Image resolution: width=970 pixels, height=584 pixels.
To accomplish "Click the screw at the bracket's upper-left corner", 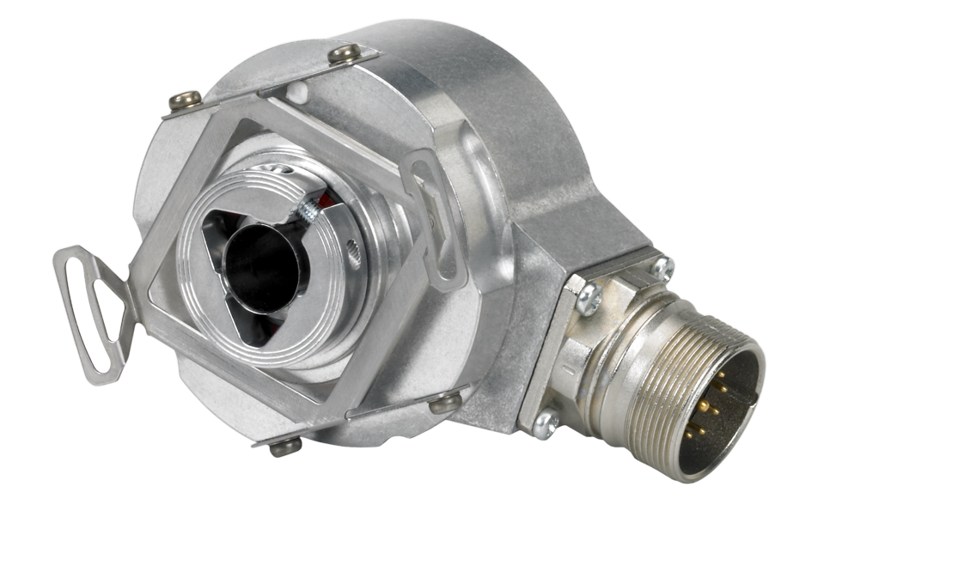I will (183, 100).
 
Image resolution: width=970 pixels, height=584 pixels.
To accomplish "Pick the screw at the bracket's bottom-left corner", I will (286, 445).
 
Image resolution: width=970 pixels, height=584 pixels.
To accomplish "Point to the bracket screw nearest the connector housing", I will (444, 400).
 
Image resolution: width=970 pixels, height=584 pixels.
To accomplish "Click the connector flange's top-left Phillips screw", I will (589, 298).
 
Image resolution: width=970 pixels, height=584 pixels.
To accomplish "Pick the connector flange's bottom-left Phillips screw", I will (545, 423).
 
